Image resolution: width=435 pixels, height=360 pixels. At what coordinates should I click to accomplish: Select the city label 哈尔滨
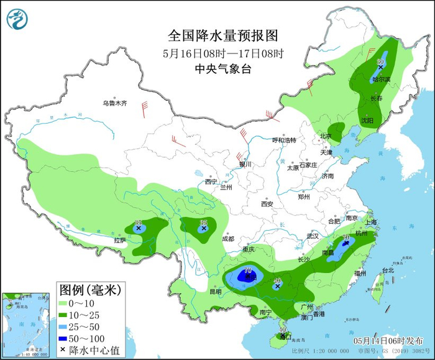(381, 79)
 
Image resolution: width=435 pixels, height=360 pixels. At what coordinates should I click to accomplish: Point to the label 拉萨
(120, 240)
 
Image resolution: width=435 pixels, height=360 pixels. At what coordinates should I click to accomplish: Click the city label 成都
(227, 239)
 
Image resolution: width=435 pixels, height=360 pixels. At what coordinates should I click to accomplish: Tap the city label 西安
(267, 204)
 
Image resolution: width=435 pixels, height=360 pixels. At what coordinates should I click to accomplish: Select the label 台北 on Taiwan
(388, 270)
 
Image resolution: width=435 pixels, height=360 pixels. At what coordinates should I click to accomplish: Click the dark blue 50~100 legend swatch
(63, 338)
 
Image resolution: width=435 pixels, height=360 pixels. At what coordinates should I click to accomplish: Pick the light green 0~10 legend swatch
(63, 303)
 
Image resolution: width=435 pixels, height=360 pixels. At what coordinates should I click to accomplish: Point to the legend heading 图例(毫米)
(89, 290)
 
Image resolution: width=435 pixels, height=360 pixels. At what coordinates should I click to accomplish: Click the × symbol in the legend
(63, 350)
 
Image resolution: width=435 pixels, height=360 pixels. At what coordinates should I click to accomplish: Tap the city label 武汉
(312, 236)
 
